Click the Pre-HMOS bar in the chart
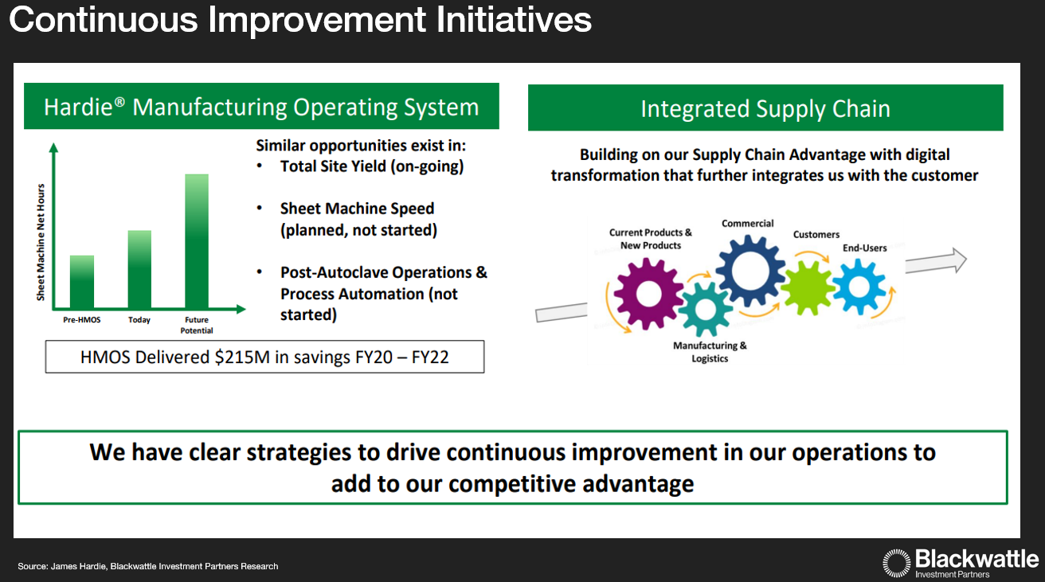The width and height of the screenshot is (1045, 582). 82,282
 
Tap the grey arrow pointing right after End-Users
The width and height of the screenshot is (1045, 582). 936,260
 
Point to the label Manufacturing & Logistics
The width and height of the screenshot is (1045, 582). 710,352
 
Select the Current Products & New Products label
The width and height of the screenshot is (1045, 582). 651,239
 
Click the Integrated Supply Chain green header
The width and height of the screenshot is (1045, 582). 765,108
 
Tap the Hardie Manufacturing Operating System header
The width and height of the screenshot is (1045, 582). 261,107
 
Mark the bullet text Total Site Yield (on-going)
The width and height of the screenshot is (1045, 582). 371,166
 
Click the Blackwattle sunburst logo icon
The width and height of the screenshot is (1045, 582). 896,562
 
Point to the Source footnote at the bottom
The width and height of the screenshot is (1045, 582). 148,566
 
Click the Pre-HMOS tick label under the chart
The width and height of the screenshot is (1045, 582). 82,320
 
